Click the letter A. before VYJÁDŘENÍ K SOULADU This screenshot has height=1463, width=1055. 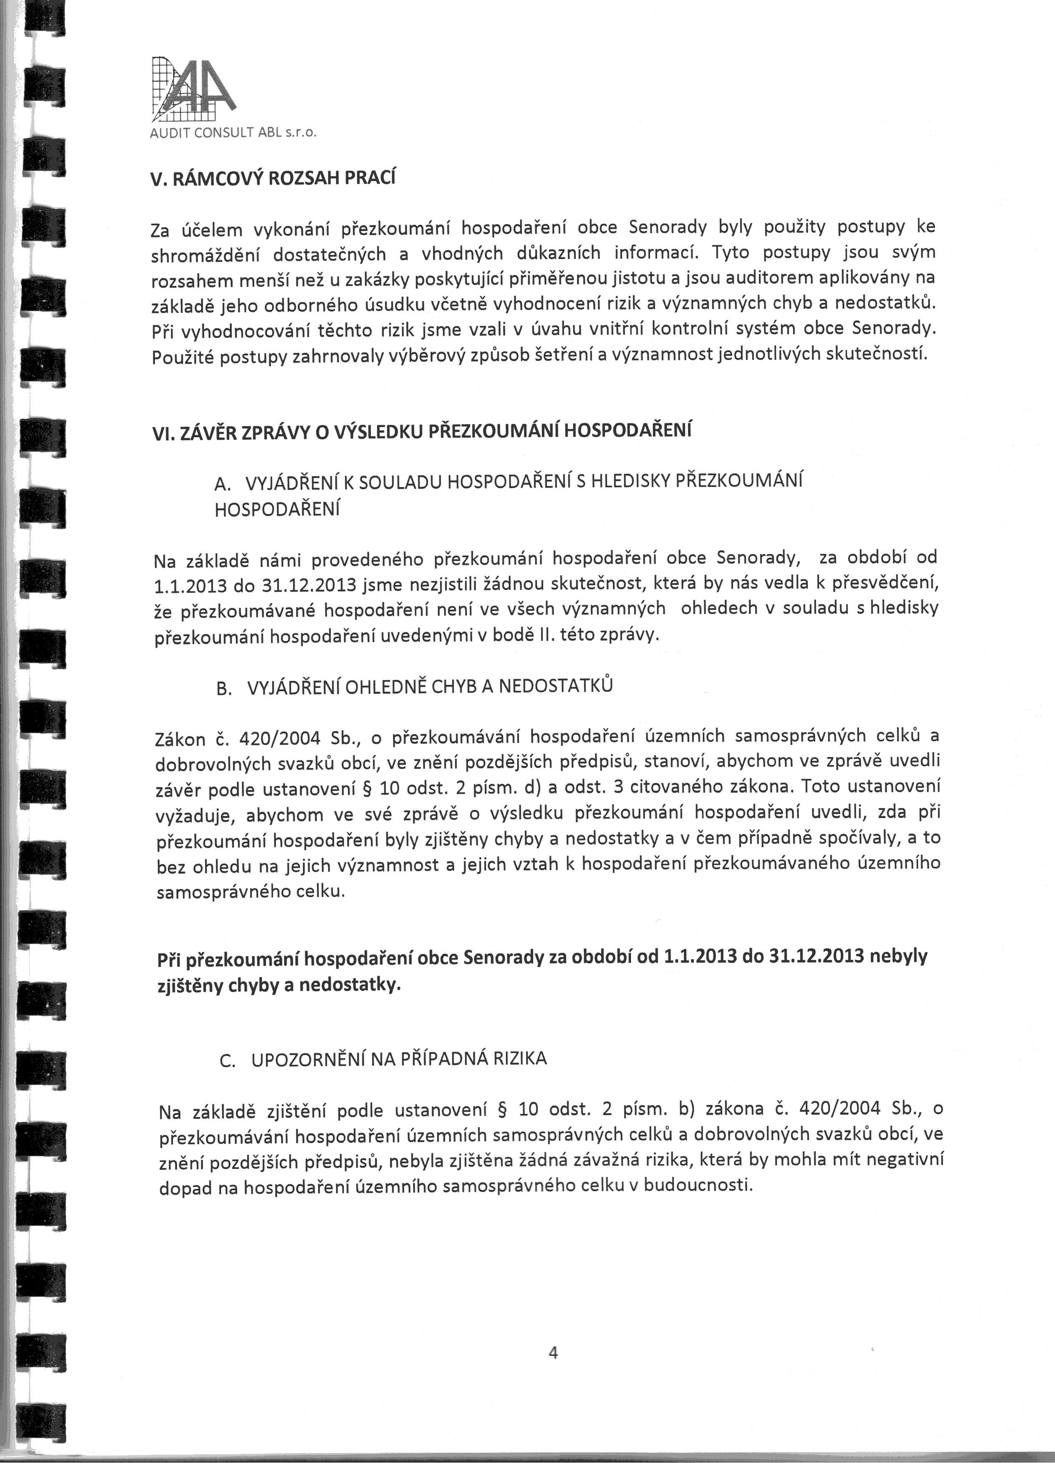pos(222,484)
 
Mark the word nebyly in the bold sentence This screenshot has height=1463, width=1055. pos(899,955)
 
